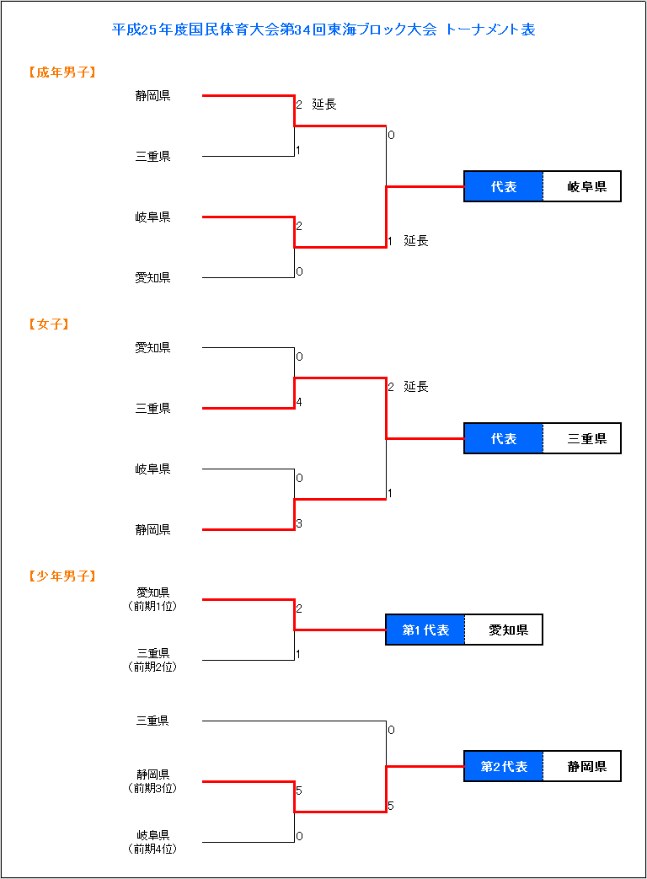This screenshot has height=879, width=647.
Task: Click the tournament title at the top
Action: point(323,29)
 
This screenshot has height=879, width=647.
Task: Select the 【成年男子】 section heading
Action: point(62,72)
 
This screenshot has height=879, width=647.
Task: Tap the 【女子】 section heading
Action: point(49,324)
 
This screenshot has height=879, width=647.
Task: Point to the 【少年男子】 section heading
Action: point(62,576)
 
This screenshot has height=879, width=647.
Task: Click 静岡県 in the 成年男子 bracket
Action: point(153,96)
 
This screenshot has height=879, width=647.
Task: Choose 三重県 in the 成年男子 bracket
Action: point(153,157)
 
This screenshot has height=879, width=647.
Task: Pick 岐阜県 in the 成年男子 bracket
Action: point(153,217)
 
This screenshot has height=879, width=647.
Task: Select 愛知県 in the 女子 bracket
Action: point(153,347)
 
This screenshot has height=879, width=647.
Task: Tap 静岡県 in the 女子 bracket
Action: point(153,529)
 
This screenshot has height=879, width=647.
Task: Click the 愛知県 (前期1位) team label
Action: point(153,599)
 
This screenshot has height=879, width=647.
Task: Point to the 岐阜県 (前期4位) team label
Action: point(153,842)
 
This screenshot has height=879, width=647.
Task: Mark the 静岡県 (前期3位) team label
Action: point(153,781)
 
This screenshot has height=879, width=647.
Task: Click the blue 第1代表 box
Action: point(425,630)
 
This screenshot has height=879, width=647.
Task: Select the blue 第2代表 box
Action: point(504,766)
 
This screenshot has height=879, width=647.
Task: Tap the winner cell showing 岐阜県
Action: point(582,187)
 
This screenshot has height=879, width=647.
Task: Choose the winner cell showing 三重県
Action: point(582,438)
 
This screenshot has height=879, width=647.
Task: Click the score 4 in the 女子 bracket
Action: point(299,402)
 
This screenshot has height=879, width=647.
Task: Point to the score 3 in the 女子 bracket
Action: point(299,523)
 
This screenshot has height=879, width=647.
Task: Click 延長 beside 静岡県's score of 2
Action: point(324,105)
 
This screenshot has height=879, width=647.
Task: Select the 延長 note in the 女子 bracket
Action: point(416,387)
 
